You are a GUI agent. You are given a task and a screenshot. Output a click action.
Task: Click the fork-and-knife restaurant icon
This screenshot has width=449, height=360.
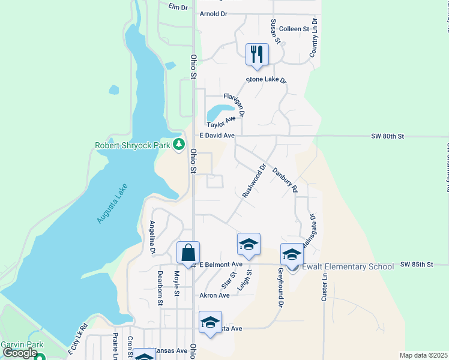click(x=257, y=55)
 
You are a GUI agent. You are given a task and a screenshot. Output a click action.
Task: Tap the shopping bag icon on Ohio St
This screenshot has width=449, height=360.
click(x=188, y=253)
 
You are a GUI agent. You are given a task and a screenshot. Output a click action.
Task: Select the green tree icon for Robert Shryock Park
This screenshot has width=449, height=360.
click(x=178, y=144)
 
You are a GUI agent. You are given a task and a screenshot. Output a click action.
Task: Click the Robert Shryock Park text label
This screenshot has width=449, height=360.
click(x=132, y=145)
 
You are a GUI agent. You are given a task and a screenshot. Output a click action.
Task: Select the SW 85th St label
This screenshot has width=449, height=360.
click(x=416, y=264)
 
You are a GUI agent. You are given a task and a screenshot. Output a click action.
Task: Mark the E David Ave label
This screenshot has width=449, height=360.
click(x=217, y=136)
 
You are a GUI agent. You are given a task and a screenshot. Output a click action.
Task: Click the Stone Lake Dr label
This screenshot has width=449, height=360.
click(x=267, y=80)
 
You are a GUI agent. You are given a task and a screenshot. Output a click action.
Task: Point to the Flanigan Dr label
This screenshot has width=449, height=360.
click(x=234, y=104)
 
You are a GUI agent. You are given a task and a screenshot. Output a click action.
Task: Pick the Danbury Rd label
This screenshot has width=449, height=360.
click(x=285, y=179)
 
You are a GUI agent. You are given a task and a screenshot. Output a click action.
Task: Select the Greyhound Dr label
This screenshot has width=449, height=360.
click(x=280, y=288)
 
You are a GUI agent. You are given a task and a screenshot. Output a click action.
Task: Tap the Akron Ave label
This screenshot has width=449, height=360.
click(x=214, y=295)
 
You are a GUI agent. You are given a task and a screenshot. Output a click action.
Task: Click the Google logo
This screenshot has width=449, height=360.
click(x=20, y=353)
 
